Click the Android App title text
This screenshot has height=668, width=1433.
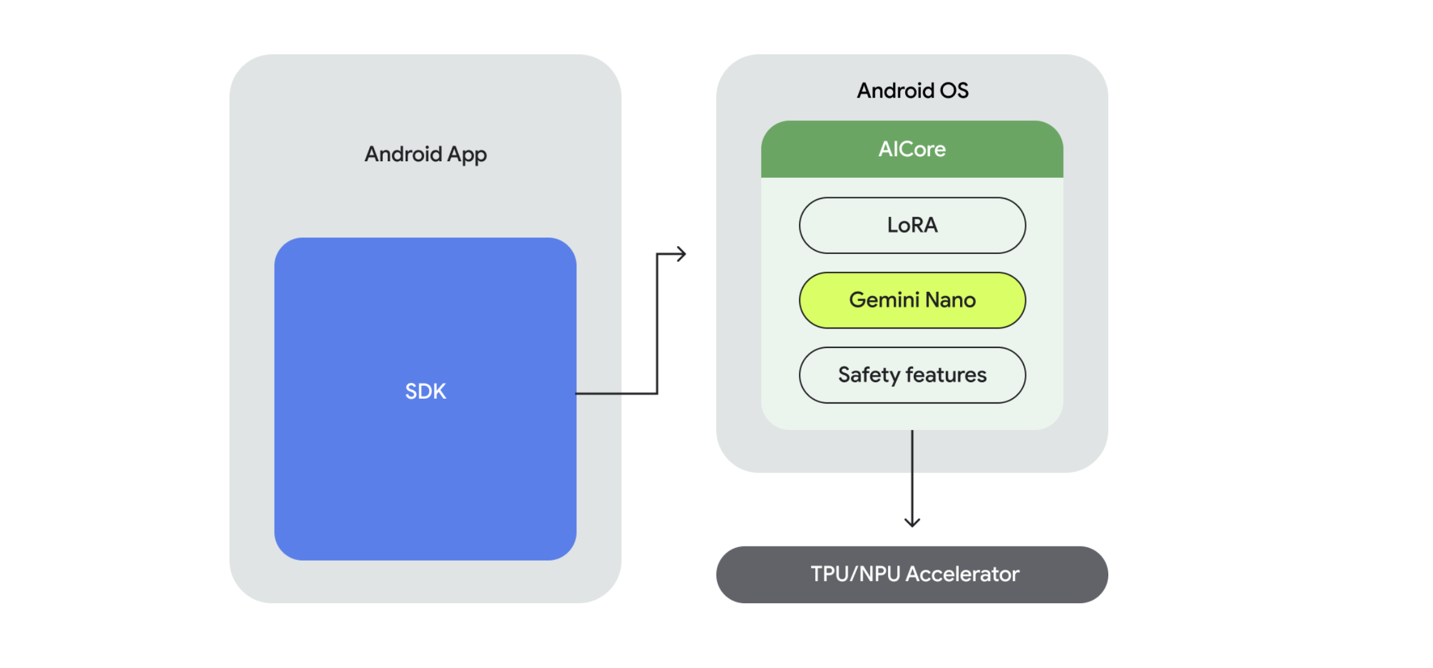(x=425, y=154)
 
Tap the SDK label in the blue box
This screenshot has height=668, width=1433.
(x=425, y=391)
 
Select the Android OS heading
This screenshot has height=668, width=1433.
(x=912, y=91)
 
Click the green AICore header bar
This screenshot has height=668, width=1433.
(x=912, y=150)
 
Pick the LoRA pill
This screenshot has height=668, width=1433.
(x=912, y=225)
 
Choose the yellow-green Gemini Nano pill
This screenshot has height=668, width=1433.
(x=912, y=300)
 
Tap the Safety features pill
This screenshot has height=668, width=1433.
(x=912, y=375)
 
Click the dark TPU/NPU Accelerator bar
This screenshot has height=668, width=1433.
(x=912, y=575)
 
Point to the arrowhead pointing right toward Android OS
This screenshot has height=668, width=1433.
(x=682, y=254)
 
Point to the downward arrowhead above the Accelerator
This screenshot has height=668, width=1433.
(x=912, y=522)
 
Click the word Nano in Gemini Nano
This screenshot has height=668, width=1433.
(x=950, y=300)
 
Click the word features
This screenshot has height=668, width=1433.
(x=946, y=375)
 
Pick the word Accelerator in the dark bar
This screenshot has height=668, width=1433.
(x=962, y=575)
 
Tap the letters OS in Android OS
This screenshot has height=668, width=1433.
(x=954, y=91)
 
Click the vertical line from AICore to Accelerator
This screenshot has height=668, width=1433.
(x=912, y=476)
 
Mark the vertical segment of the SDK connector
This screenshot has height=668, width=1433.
(x=657, y=324)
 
